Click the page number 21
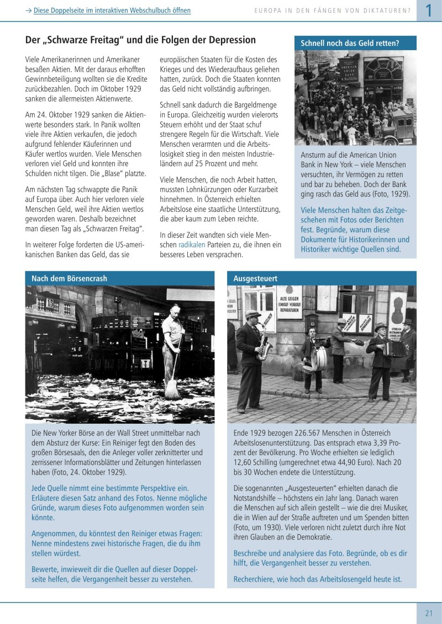pos(429,612)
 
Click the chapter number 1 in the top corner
pos(429,10)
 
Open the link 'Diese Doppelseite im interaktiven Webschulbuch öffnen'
pos(112,10)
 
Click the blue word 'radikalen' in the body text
pos(193,244)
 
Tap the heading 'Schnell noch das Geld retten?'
pos(350,43)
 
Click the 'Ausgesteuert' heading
pos(255,279)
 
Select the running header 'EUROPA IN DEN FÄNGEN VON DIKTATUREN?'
pos(332,10)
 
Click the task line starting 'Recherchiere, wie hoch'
pos(318,579)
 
